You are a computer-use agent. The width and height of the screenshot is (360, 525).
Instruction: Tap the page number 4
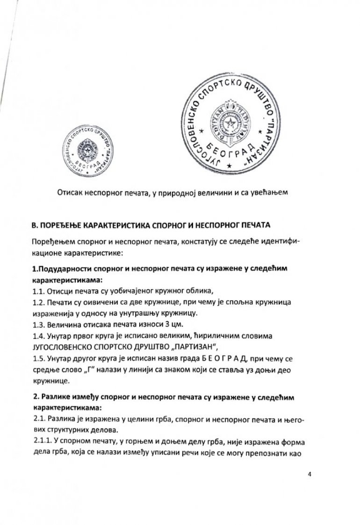click(310, 473)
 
